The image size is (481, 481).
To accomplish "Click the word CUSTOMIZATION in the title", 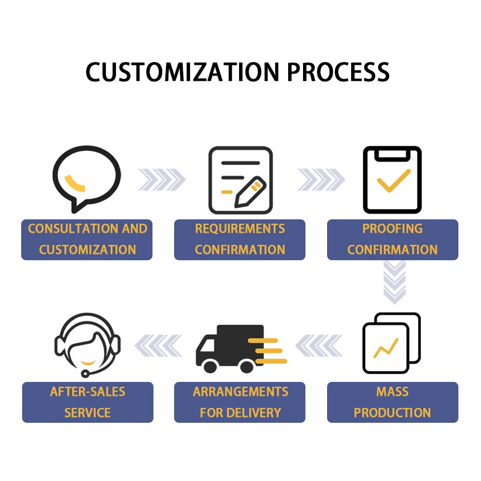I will [x=183, y=72].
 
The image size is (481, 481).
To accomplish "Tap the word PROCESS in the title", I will [x=338, y=72].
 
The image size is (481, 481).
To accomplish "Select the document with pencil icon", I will [x=240, y=180].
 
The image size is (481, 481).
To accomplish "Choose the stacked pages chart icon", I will [x=391, y=342].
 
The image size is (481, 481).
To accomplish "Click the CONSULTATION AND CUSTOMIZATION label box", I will [x=87, y=240].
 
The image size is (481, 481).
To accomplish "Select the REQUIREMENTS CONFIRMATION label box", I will [x=240, y=240].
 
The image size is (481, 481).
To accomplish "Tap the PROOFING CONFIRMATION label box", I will [x=392, y=240].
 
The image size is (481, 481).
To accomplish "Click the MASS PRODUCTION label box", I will [x=392, y=402].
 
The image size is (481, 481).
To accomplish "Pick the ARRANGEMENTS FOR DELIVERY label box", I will [x=240, y=402].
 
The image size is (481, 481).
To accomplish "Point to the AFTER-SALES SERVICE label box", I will [x=88, y=402].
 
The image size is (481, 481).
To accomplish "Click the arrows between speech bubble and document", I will [x=162, y=180].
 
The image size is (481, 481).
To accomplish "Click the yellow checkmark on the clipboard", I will [x=393, y=180].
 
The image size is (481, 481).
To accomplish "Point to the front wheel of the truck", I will [x=210, y=367].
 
